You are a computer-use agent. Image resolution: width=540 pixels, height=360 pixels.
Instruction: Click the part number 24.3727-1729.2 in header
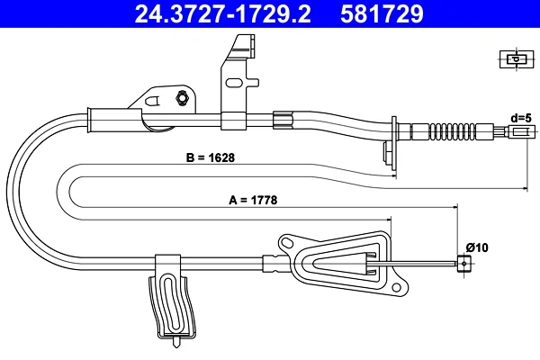tap(222, 13)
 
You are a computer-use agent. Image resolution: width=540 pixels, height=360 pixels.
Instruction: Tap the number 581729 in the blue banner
tap(382, 13)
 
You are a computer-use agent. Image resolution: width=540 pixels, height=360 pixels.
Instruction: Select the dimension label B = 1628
tap(210, 157)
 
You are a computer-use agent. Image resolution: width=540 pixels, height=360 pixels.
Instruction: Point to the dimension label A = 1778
tap(253, 200)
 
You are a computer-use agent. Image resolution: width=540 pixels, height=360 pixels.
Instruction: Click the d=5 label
tap(521, 118)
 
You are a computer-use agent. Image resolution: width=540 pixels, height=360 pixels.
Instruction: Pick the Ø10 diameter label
tap(477, 247)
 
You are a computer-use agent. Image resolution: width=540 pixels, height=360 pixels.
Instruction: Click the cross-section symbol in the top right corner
tap(517, 58)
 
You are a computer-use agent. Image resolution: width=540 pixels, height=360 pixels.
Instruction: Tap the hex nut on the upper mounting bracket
tap(182, 98)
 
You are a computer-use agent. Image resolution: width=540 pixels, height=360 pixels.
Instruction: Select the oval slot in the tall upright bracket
tap(234, 83)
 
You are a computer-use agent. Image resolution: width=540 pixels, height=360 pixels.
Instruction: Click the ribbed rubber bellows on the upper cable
tap(453, 131)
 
